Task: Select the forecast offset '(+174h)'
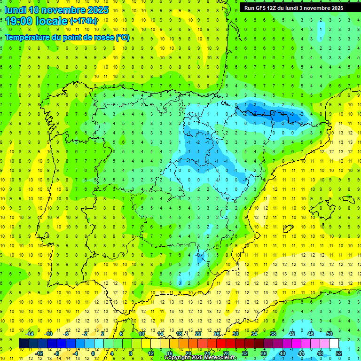tap(83, 21)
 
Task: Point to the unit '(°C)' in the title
tap(123, 37)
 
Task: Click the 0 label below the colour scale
tap(93, 353)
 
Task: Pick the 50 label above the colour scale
tap(329, 334)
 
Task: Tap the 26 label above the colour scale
tap(216, 334)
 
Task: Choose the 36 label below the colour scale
tap(264, 353)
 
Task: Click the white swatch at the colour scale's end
tap(334, 343)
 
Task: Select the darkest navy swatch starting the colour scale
tap(24, 343)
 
